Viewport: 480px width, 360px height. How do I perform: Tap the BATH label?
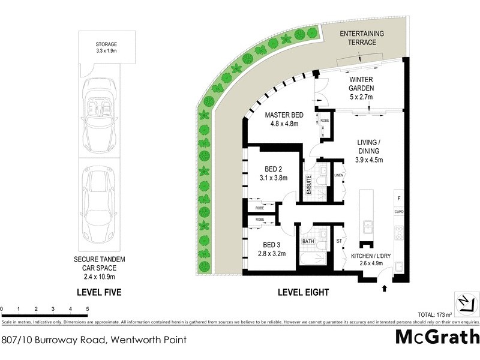click(x=308, y=242)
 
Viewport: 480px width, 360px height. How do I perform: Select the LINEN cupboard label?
click(x=339, y=175)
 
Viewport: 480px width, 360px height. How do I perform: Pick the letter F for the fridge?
click(x=398, y=198)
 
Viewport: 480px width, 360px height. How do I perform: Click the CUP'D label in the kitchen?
click(x=398, y=212)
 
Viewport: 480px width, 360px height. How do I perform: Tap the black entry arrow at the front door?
click(x=384, y=290)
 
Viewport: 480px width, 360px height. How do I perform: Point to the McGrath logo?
click(x=437, y=337)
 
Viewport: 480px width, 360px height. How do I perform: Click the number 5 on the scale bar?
click(x=88, y=309)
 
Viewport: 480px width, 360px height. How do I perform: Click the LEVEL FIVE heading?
click(x=100, y=293)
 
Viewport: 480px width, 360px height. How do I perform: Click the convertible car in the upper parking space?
click(x=100, y=116)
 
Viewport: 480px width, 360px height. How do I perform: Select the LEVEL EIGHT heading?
click(x=303, y=293)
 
